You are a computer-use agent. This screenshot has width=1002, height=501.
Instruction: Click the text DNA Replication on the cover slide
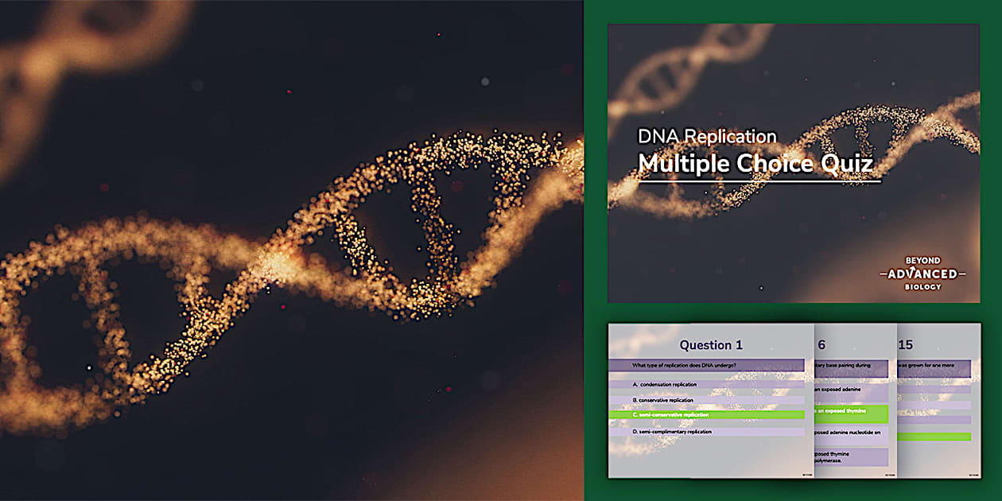(707, 136)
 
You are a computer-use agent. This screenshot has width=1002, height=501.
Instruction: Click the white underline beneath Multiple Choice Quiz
(759, 182)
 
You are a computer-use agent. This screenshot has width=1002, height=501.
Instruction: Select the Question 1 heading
(710, 344)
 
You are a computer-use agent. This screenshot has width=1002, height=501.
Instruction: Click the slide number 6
(821, 344)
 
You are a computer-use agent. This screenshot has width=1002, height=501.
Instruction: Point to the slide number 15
(905, 344)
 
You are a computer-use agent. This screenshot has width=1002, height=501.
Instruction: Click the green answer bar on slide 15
(934, 436)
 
